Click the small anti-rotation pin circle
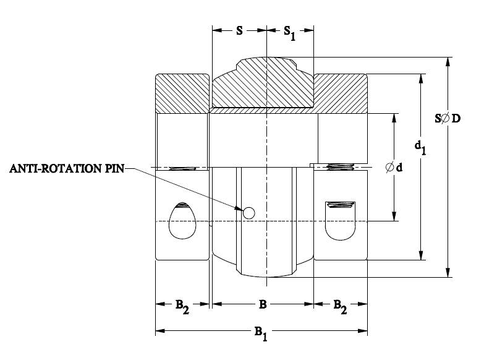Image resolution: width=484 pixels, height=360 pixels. point(248,213)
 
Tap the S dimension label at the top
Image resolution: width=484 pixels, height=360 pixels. point(239,30)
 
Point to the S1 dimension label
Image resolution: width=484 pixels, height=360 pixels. point(289,32)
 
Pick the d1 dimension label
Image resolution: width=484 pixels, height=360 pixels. point(420,147)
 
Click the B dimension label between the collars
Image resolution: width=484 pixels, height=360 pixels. point(262,304)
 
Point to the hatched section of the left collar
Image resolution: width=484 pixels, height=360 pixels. point(182,93)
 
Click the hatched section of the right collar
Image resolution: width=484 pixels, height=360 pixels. point(342,93)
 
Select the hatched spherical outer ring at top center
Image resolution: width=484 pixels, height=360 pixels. point(263,84)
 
